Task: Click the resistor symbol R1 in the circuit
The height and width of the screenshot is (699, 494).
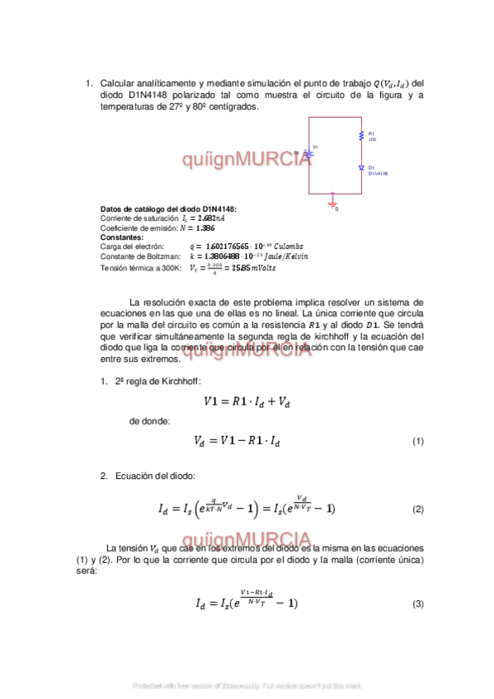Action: click(360, 136)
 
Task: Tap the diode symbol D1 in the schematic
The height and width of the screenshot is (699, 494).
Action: click(360, 167)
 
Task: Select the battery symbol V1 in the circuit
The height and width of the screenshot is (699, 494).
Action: click(308, 152)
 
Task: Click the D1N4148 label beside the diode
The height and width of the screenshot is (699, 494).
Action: click(379, 173)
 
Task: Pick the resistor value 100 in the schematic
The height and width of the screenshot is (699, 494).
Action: click(372, 139)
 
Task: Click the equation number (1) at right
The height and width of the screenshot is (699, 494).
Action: click(417, 441)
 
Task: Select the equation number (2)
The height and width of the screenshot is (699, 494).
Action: click(417, 509)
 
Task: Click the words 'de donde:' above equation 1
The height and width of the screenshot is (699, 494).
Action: click(149, 421)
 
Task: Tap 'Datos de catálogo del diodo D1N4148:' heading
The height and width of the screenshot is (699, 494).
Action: click(168, 209)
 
